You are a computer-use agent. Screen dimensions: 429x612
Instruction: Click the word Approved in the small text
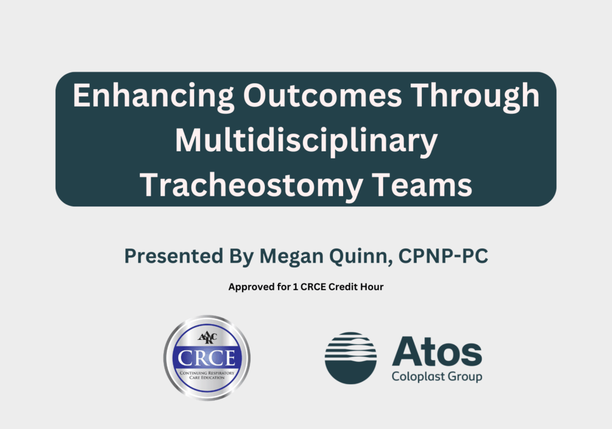click(x=248, y=287)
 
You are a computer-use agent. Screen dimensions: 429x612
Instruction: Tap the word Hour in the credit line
click(x=372, y=287)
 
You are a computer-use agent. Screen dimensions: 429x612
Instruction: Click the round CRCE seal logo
click(x=207, y=358)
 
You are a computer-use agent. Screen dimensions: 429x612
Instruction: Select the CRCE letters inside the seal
click(x=207, y=358)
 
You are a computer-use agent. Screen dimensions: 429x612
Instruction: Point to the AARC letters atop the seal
click(x=207, y=336)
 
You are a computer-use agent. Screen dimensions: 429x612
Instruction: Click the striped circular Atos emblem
click(x=351, y=358)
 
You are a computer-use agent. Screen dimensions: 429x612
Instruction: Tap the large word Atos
click(x=437, y=352)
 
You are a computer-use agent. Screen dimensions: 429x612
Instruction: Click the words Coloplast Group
click(x=436, y=377)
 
